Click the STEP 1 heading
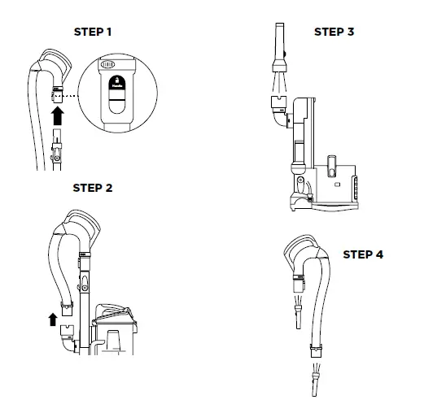92,33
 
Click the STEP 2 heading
92,188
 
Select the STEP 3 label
334,33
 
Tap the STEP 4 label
362,254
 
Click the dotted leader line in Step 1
75,95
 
